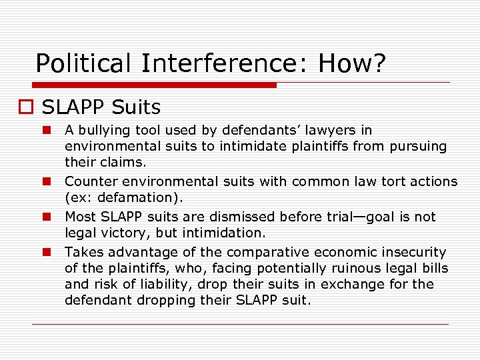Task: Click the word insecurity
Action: (x=412, y=252)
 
